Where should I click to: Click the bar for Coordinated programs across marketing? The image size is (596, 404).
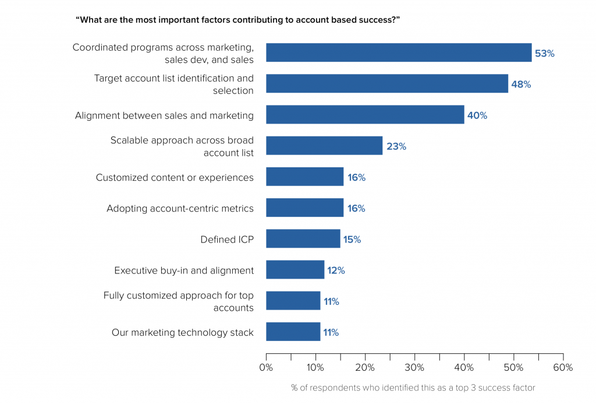[x=399, y=52]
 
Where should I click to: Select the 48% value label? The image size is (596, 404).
[x=521, y=84]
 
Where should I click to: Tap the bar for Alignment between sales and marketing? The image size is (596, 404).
[x=365, y=115]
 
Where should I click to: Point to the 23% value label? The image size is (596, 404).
[x=396, y=146]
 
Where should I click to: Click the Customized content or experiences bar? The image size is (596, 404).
[x=305, y=177]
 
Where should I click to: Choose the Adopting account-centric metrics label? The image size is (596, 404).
[x=180, y=209]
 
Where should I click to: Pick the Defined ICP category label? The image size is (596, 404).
[x=227, y=240]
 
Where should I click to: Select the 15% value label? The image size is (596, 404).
[x=352, y=240]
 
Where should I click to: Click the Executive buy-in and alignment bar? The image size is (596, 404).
[x=295, y=269]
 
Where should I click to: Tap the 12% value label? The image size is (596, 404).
[x=336, y=270]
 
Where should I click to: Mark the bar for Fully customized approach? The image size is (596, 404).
[x=293, y=300]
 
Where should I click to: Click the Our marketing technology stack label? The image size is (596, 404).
[x=182, y=332]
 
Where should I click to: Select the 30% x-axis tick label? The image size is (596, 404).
[x=414, y=367]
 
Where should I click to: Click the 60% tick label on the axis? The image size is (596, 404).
[x=563, y=367]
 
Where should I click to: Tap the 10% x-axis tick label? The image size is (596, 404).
[x=315, y=367]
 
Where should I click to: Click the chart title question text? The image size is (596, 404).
[x=237, y=20]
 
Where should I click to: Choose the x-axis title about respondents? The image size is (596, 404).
[x=413, y=388]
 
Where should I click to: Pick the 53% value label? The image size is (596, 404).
[x=545, y=53]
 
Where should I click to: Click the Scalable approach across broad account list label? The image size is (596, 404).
[x=182, y=146]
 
